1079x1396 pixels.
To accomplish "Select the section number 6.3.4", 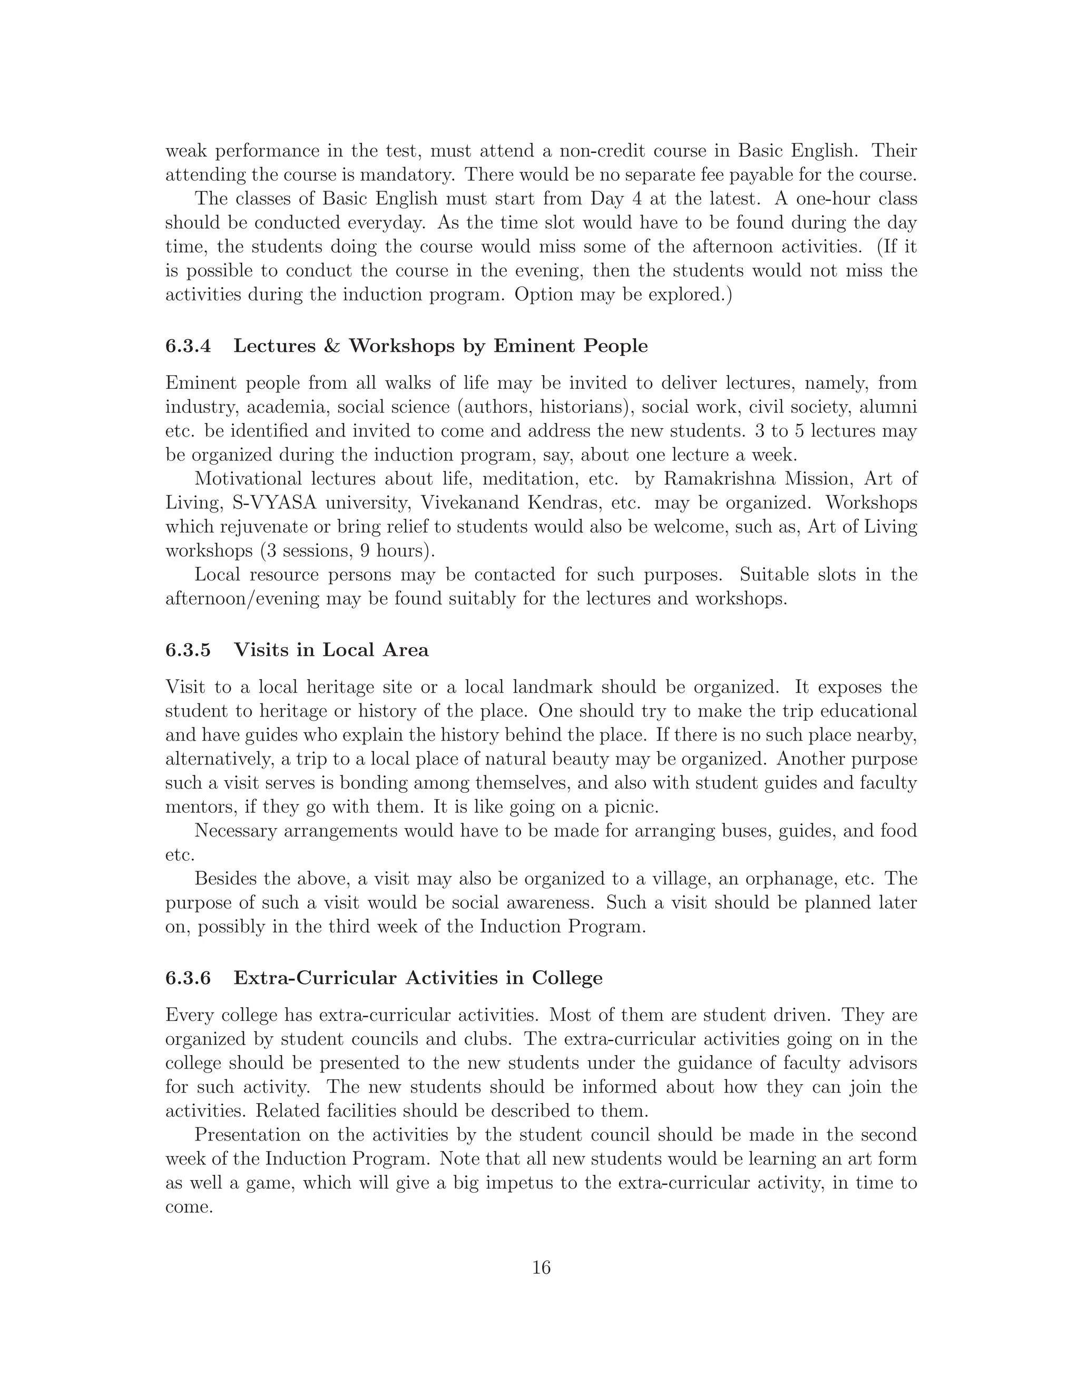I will coord(188,346).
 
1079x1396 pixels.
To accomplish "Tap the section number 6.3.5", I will coord(188,650).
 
